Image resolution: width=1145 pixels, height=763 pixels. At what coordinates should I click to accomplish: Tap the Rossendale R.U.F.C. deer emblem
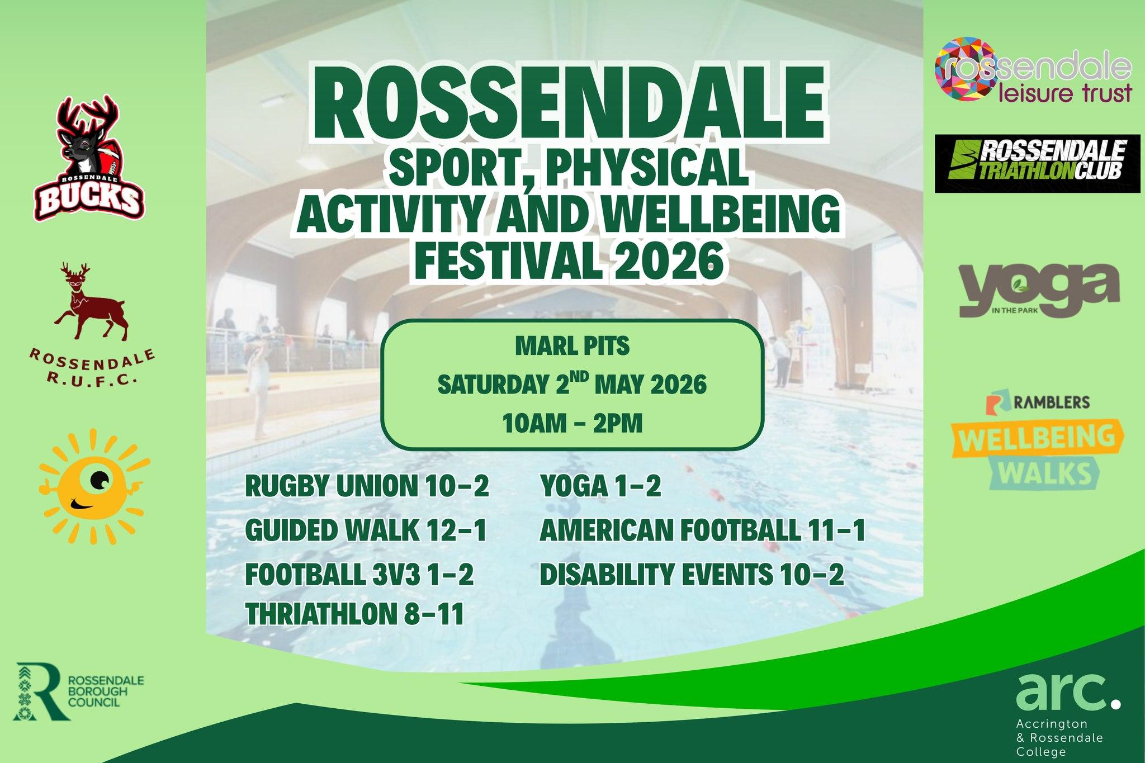(x=91, y=302)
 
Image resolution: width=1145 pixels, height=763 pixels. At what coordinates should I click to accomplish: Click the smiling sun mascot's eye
(x=101, y=478)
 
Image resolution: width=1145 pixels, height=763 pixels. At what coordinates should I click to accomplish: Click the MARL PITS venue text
(x=572, y=347)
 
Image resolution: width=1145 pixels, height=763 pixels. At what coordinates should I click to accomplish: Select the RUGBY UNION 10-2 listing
(x=367, y=486)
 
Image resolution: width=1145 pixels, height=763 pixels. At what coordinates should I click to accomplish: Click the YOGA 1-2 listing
(x=600, y=486)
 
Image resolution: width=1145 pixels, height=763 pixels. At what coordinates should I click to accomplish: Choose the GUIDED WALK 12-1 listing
(x=366, y=530)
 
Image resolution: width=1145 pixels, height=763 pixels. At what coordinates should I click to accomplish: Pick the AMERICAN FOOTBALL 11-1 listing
(x=702, y=530)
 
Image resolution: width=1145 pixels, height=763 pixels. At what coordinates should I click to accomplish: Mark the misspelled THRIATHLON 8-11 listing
(x=355, y=614)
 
